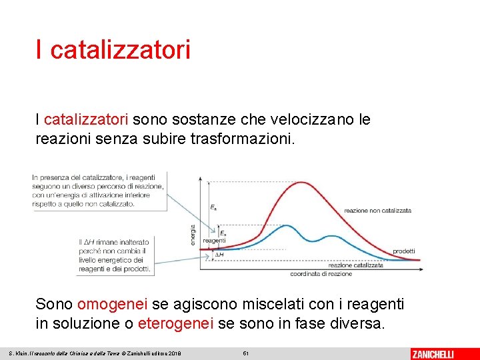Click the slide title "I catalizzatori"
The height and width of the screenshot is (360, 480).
[x=113, y=49]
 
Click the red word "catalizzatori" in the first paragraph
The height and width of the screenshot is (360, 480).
[x=86, y=120]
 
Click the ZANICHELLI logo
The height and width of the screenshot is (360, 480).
[x=433, y=353]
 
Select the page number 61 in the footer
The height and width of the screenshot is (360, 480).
[x=246, y=353]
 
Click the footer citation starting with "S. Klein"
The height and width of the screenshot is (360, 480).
[x=95, y=353]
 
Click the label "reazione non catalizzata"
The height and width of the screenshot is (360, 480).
[x=377, y=211]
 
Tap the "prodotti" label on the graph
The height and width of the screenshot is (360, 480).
[x=403, y=251]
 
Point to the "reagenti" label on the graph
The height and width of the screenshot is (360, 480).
[x=214, y=240]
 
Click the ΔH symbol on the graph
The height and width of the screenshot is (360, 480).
[x=219, y=255]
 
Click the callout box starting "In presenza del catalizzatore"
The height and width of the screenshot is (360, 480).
[x=99, y=190]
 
